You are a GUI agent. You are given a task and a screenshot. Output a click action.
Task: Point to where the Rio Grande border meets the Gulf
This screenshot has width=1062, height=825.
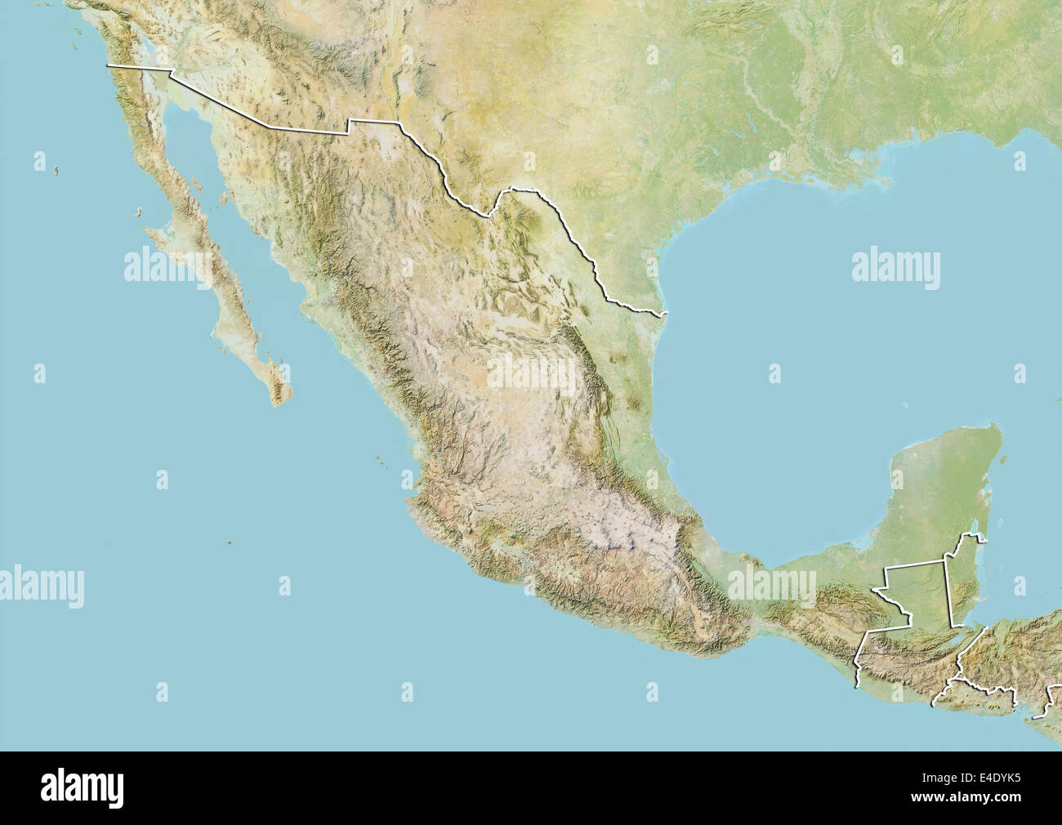pyautogui.click(x=667, y=313)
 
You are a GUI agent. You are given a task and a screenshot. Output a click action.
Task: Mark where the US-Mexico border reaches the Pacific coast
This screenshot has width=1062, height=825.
pyautogui.click(x=109, y=65)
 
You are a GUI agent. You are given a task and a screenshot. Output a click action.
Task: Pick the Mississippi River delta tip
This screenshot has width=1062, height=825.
pyautogui.click(x=886, y=181)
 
